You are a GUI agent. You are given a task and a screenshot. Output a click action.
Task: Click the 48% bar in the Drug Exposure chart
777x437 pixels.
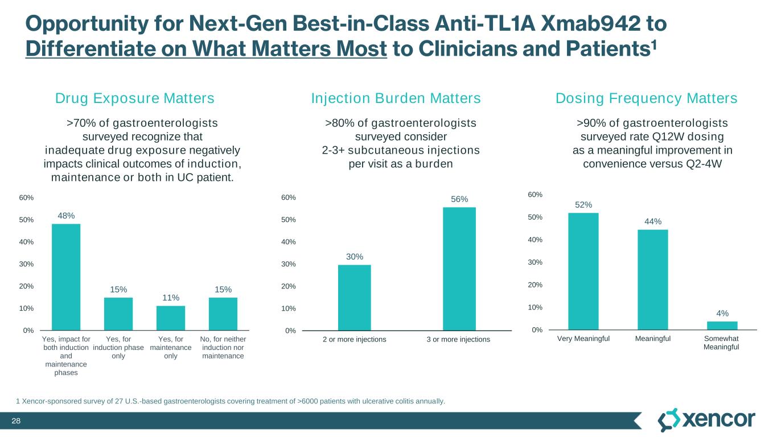click(x=66, y=277)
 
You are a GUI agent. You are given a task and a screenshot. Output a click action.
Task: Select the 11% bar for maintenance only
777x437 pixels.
click(x=171, y=318)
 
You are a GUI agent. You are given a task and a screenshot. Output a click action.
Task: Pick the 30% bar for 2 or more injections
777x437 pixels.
click(x=355, y=298)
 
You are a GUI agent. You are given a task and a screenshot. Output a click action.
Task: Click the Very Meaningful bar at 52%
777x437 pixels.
click(x=583, y=271)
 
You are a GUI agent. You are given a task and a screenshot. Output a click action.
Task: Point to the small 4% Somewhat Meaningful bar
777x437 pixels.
click(x=722, y=325)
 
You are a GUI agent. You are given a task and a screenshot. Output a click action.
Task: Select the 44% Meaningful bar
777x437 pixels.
click(x=653, y=279)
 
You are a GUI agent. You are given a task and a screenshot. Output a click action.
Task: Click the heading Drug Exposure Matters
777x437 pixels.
click(x=135, y=98)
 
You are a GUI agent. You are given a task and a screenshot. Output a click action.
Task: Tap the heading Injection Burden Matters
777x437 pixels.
click(x=396, y=98)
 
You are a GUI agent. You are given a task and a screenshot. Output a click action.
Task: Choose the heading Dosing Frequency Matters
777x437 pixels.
click(x=646, y=98)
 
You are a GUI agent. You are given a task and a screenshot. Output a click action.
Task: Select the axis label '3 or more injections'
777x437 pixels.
click(x=458, y=340)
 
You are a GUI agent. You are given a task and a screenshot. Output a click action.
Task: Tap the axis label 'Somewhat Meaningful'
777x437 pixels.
click(x=721, y=343)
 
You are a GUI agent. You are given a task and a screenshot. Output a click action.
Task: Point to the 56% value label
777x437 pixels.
click(x=459, y=199)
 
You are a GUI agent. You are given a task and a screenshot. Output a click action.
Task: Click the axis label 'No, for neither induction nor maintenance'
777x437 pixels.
click(x=223, y=348)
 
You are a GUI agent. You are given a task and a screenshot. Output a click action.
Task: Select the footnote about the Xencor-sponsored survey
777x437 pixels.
click(x=231, y=402)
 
